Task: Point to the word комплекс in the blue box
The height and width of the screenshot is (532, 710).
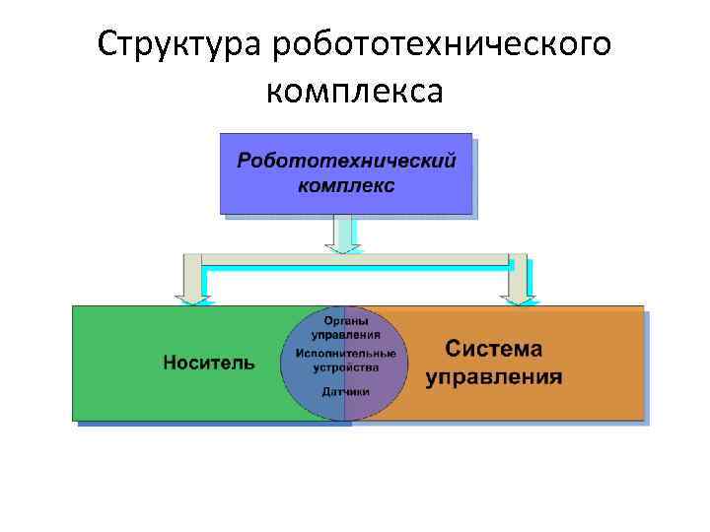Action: (x=346, y=185)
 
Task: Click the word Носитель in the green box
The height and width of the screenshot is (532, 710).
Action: (x=208, y=363)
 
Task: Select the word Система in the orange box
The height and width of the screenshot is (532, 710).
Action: (x=493, y=350)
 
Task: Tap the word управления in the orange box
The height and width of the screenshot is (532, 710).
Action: (x=494, y=377)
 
